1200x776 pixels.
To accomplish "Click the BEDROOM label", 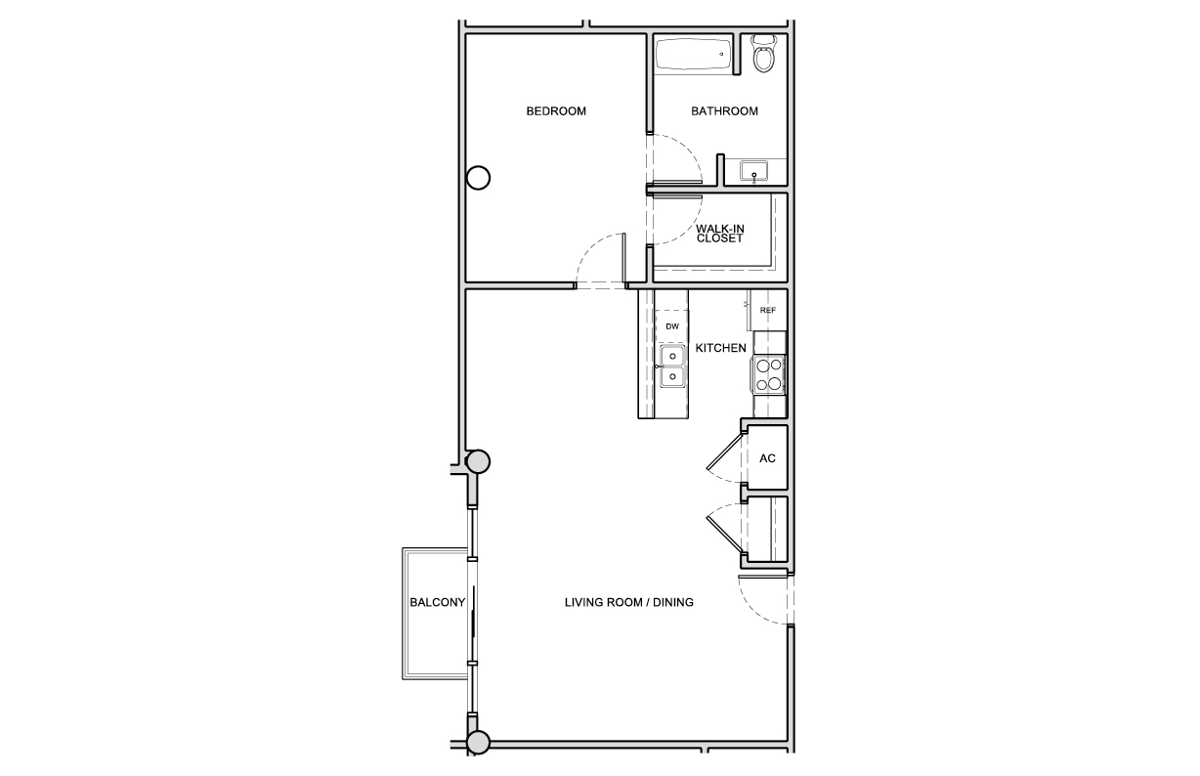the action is point(556,111).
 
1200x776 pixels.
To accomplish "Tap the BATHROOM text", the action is point(724,111).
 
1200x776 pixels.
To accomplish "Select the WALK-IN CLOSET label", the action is point(719,234).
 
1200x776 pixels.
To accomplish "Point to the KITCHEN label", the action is point(720,348).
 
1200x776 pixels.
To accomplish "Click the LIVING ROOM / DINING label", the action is point(629,602).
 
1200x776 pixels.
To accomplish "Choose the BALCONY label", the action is point(437,602).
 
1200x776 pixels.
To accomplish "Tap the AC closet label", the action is point(767,458).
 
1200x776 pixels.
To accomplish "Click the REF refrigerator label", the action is point(768,310).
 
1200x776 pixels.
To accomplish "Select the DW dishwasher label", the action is point(672,326).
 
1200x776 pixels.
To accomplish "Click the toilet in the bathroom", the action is point(764,54).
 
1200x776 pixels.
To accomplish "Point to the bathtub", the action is point(693,53).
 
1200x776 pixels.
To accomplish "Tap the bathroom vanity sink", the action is point(753,171).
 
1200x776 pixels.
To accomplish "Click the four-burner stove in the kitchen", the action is point(769,374).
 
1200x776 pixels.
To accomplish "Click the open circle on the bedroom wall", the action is point(479,178).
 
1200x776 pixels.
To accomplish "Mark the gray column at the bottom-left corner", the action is point(479,743).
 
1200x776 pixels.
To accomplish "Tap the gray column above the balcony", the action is point(479,461).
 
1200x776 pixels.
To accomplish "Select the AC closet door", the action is point(724,452).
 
